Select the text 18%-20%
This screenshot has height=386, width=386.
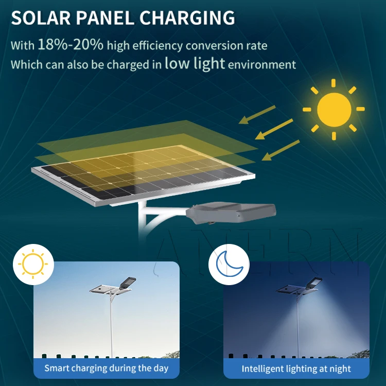71,45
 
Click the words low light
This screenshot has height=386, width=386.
195,63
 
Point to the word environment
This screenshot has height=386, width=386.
262,65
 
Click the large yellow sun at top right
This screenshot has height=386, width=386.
334,109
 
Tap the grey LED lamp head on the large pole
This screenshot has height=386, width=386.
232,213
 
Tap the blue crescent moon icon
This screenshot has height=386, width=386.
226,264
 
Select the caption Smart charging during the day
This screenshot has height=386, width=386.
106,369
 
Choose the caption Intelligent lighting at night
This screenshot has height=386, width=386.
296,369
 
